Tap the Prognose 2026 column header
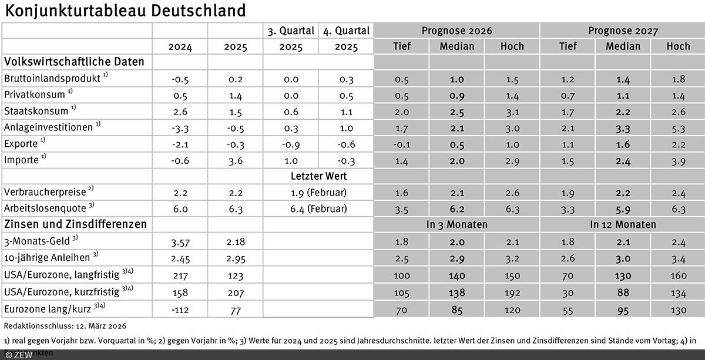coord(456,31)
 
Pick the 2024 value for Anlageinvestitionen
coord(180,127)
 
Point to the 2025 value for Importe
coord(235,160)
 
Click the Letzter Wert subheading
coord(318,176)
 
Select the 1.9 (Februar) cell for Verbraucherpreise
coord(318,192)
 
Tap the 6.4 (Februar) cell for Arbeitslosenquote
coord(318,208)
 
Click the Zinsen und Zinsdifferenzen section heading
coord(75,224)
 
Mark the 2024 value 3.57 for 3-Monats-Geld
coord(180,241)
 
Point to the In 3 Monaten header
coord(456,224)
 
